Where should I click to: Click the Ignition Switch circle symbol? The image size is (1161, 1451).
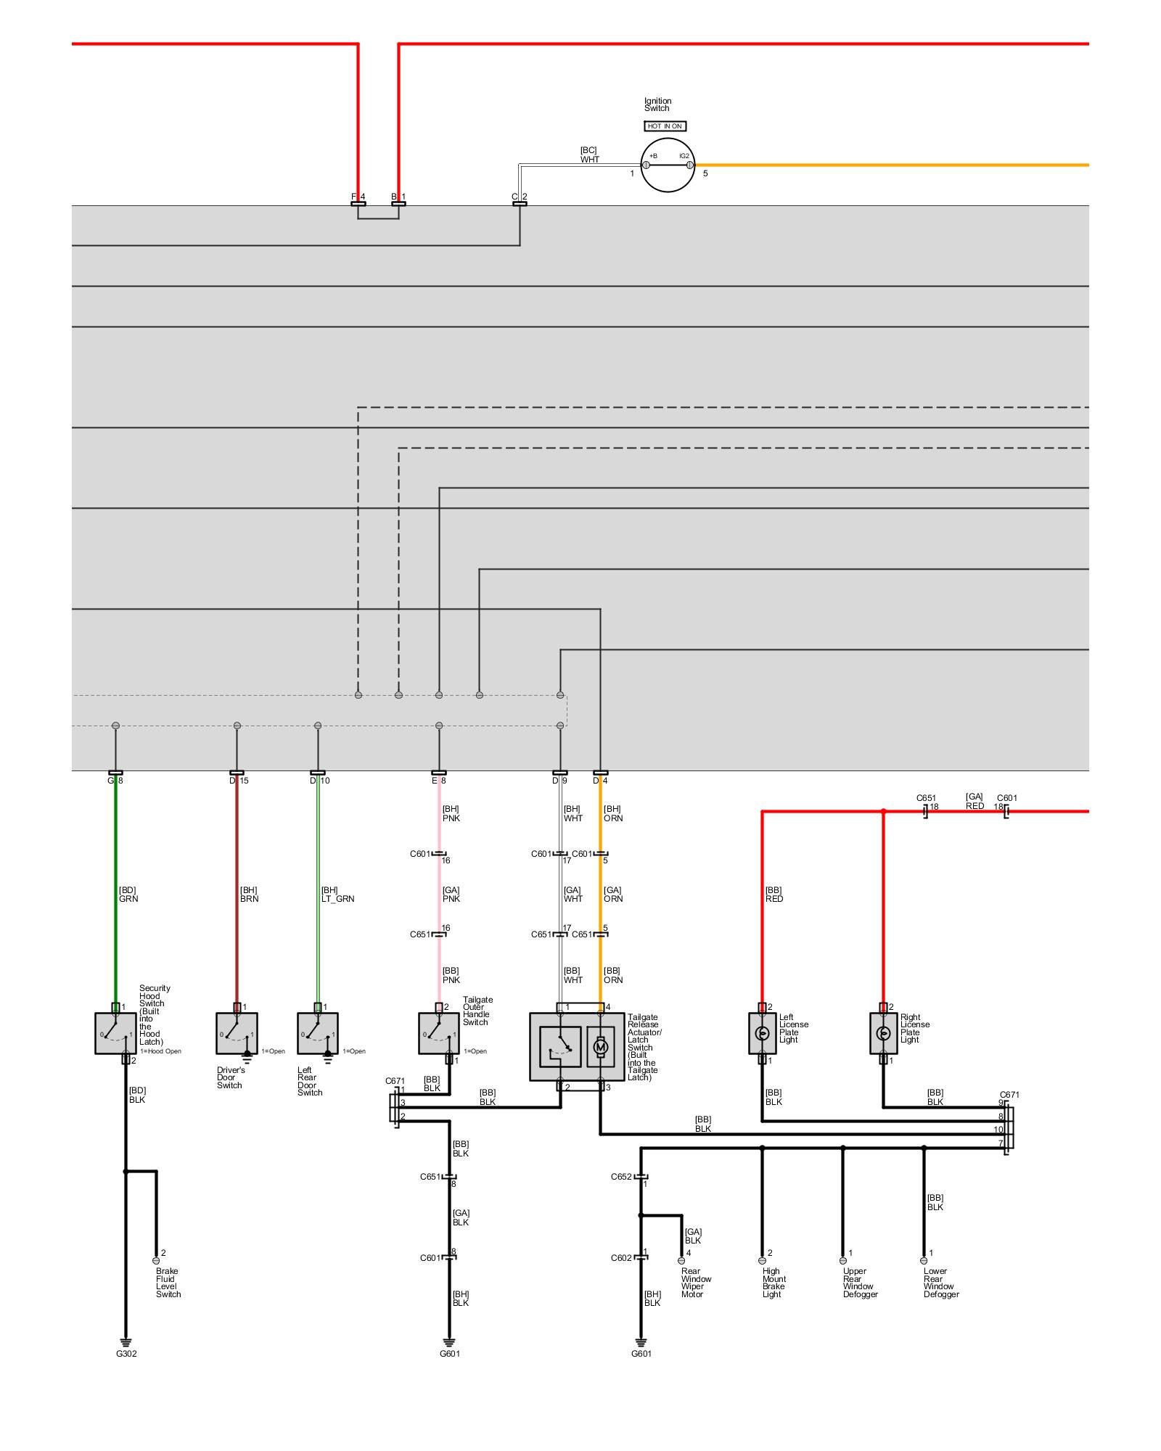click(x=668, y=165)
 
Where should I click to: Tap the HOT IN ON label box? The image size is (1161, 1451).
click(x=665, y=126)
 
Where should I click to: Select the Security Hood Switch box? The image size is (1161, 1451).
click(x=115, y=1033)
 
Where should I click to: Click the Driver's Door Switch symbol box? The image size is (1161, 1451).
click(x=237, y=1033)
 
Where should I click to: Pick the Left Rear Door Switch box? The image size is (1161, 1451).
click(x=317, y=1033)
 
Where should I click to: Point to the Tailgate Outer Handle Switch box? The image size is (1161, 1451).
click(x=438, y=1033)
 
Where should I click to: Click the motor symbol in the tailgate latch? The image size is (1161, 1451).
click(x=600, y=1047)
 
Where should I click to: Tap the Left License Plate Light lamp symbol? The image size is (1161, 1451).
click(x=762, y=1033)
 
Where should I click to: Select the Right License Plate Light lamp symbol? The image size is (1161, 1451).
click(x=883, y=1033)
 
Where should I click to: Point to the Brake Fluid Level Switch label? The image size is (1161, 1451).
click(x=168, y=1283)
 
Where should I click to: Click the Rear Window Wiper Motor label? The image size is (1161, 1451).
click(x=696, y=1283)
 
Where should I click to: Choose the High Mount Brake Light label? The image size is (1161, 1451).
click(x=774, y=1283)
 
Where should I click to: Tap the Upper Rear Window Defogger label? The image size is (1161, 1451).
click(x=860, y=1283)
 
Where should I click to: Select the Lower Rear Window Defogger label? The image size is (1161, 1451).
click(x=941, y=1283)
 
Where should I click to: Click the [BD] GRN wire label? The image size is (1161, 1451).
click(x=128, y=895)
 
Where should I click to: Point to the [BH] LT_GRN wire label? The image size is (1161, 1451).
click(x=337, y=895)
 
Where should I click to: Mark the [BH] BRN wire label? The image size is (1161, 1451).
click(x=249, y=895)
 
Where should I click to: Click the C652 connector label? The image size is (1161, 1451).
click(x=621, y=1177)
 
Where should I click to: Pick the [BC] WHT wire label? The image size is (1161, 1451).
click(x=589, y=155)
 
